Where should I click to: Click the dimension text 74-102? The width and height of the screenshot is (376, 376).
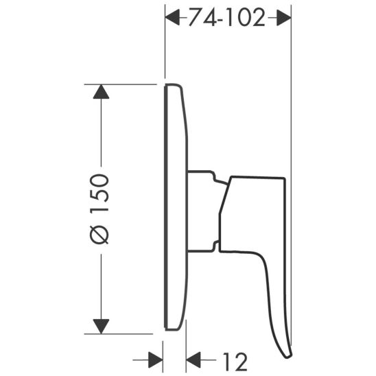coord(227,19)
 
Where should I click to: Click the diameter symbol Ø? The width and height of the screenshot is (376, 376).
coord(100,235)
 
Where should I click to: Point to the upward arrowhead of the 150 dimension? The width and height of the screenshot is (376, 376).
coord(101,93)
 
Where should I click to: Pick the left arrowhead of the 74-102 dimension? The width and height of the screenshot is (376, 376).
coord(173,19)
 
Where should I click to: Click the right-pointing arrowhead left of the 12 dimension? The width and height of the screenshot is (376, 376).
coord(157,359)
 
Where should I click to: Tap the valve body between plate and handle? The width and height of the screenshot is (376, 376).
coord(202,209)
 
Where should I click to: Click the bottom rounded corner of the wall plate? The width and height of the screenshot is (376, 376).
coord(177,327)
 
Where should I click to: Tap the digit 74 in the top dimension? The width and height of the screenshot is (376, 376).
coord(199,19)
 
